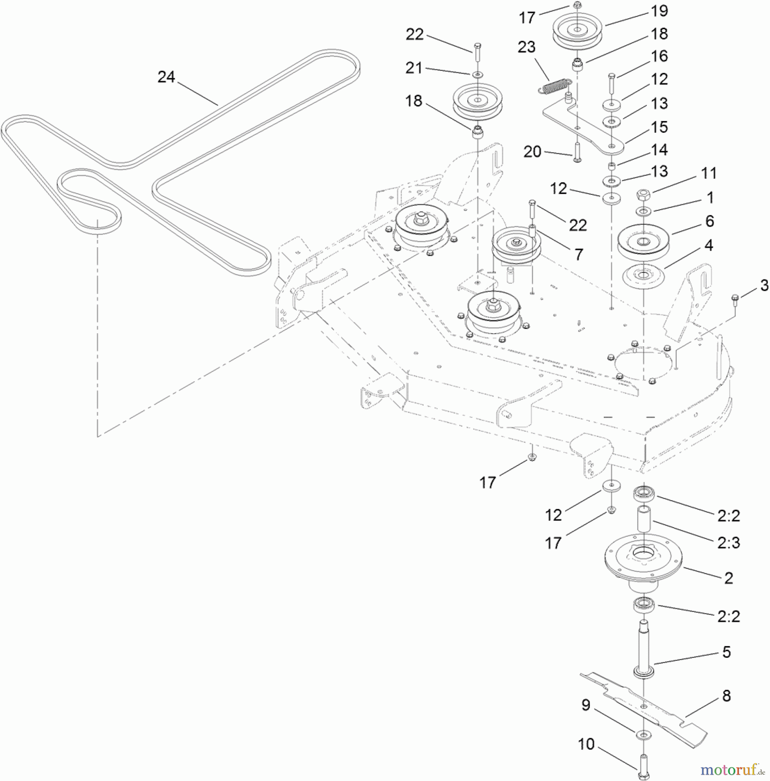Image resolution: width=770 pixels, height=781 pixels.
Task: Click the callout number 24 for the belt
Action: tap(166, 77)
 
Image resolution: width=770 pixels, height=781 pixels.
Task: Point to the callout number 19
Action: tap(659, 11)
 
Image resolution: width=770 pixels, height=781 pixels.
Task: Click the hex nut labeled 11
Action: tap(643, 195)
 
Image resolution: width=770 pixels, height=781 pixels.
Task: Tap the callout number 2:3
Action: tap(728, 542)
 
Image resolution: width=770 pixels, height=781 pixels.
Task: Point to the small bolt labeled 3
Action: tap(735, 299)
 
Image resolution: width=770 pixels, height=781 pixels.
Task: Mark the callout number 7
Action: tap(579, 255)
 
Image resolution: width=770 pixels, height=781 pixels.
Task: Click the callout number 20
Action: tap(532, 152)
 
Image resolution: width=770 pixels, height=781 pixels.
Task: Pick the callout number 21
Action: tap(414, 68)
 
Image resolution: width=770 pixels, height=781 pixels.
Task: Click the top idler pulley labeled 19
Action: tap(577, 30)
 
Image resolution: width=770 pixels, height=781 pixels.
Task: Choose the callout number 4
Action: tap(708, 246)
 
